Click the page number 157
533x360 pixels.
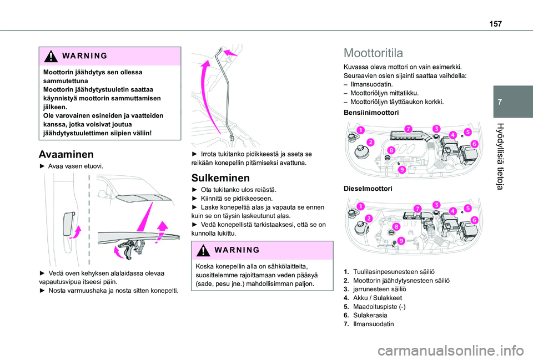[495, 24]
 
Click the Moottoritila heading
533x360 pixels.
[373, 53]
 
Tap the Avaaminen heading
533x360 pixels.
[66, 155]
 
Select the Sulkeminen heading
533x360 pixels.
[220, 178]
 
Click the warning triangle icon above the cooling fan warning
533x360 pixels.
[51, 56]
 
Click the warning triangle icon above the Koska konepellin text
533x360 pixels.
[203, 250]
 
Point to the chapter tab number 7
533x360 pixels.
[500, 102]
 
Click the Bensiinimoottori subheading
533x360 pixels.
[371, 113]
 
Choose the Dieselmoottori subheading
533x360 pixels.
[368, 189]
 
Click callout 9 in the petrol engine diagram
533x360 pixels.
[402, 170]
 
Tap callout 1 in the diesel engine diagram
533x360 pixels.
[361, 206]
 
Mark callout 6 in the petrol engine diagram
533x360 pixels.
[475, 144]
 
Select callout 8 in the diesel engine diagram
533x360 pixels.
[396, 226]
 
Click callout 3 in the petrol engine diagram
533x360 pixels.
[436, 129]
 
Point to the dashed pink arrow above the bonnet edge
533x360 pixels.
[162, 232]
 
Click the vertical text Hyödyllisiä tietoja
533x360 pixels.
[500, 156]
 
